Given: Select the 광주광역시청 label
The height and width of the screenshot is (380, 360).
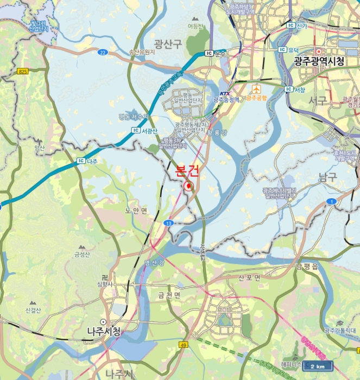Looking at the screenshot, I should pyautogui.click(x=319, y=61).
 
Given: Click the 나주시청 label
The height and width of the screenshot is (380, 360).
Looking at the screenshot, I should pyautogui.click(x=104, y=331).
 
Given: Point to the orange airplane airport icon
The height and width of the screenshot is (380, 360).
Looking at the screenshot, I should pyautogui.click(x=256, y=88).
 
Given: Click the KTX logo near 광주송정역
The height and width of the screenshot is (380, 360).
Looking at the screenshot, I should pyautogui.click(x=225, y=93).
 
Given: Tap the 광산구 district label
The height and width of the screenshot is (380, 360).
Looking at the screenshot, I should pyautogui.click(x=167, y=43).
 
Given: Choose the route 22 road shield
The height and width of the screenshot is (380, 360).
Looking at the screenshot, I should pyautogui.click(x=103, y=52).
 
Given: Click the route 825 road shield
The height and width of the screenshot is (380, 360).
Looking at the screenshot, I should pyautogui.click(x=22, y=71).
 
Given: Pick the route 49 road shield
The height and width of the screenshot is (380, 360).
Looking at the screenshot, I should pyautogui.click(x=184, y=345).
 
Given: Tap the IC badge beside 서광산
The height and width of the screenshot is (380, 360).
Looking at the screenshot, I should pyautogui.click(x=136, y=130).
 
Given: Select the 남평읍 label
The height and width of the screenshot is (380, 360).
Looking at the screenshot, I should pyautogui.click(x=306, y=265).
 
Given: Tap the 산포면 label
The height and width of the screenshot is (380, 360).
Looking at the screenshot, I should pyautogui.click(x=249, y=277).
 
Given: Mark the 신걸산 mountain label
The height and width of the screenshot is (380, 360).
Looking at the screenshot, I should pyautogui.click(x=33, y=310).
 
